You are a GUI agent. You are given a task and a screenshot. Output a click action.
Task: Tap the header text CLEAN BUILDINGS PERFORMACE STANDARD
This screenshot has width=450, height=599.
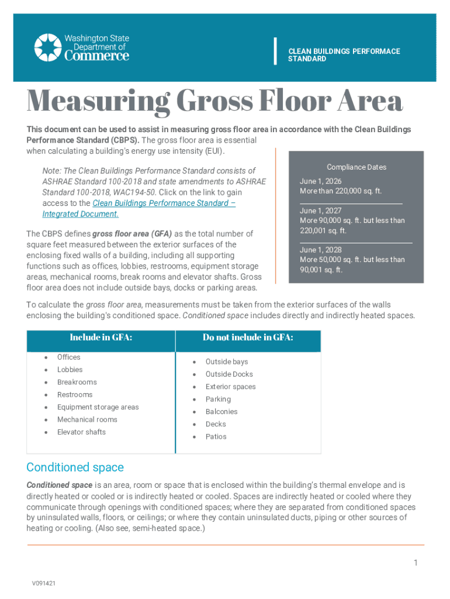344,55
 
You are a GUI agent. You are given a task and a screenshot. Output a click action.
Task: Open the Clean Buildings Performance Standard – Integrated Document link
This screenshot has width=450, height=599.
139,208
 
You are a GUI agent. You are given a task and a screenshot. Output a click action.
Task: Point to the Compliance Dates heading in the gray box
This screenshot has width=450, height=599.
356,167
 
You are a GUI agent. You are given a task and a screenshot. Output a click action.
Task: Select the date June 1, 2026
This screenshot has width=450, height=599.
321,181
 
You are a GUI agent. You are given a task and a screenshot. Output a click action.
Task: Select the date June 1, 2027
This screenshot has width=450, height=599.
321,211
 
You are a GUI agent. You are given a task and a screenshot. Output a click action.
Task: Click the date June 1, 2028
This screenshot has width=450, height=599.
321,250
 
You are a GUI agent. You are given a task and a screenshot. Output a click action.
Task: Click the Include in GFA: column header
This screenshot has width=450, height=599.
101,338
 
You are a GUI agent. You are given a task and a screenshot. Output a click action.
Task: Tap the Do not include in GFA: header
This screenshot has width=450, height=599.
248,338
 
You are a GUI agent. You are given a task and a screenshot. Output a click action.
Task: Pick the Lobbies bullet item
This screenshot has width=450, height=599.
70,370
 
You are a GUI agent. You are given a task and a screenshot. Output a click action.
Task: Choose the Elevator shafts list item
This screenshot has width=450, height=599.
81,432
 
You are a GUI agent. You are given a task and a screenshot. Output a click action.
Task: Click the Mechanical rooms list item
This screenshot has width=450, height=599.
87,419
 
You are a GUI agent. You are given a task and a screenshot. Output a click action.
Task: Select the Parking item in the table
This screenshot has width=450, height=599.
218,400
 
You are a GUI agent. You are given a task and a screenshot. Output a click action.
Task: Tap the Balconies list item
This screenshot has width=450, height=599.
221,412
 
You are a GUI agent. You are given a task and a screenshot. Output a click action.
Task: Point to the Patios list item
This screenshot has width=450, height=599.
216,437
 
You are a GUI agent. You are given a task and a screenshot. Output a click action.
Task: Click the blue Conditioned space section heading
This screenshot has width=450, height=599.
75,467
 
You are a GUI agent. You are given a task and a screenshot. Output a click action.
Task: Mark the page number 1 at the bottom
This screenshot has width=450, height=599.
416,563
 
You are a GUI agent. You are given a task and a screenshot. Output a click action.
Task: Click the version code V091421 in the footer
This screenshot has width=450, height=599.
44,583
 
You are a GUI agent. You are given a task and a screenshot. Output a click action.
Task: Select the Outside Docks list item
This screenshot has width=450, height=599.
229,374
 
